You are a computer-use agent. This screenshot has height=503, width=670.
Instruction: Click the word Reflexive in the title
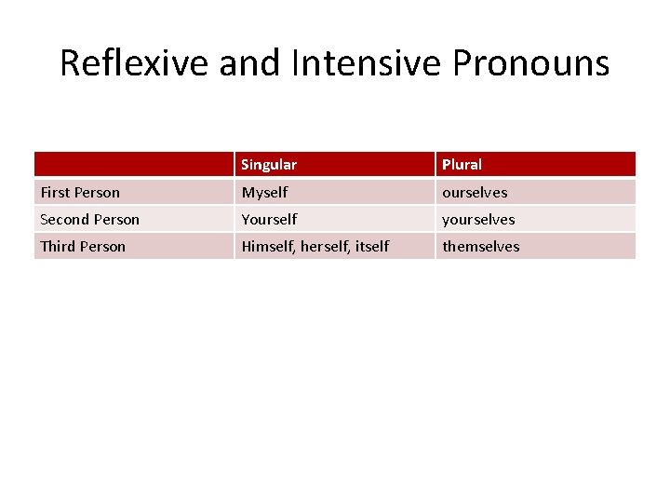pyautogui.click(x=135, y=63)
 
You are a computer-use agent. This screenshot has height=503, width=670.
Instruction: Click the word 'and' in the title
pyautogui.click(x=251, y=63)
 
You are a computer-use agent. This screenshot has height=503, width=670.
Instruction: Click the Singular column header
pyautogui.click(x=269, y=165)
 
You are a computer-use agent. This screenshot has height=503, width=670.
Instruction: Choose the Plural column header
pyautogui.click(x=462, y=165)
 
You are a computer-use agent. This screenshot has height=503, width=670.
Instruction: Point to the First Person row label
pyautogui.click(x=80, y=193)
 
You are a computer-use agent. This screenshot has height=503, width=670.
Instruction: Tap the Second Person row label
pyautogui.click(x=89, y=220)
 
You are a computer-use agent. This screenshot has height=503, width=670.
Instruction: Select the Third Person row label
pyautogui.click(x=83, y=247)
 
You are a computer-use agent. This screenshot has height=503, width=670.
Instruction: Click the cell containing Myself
pyautogui.click(x=264, y=193)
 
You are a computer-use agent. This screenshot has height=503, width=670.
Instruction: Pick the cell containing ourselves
pyautogui.click(x=475, y=193)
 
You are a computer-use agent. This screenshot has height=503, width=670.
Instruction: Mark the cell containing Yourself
pyautogui.click(x=269, y=220)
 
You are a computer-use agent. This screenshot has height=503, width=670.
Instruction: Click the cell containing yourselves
pyautogui.click(x=478, y=220)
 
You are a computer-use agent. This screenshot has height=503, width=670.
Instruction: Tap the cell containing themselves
pyautogui.click(x=481, y=247)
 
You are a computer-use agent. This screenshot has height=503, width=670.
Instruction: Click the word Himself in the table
pyautogui.click(x=269, y=247)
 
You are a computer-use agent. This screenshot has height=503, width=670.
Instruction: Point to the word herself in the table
pyautogui.click(x=326, y=247)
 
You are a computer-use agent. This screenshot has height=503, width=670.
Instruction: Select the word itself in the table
pyautogui.click(x=372, y=247)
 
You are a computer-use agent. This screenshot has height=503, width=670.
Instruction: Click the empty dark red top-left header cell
pyautogui.click(x=133, y=165)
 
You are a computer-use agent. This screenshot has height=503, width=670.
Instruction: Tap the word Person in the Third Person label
pyautogui.click(x=102, y=247)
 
